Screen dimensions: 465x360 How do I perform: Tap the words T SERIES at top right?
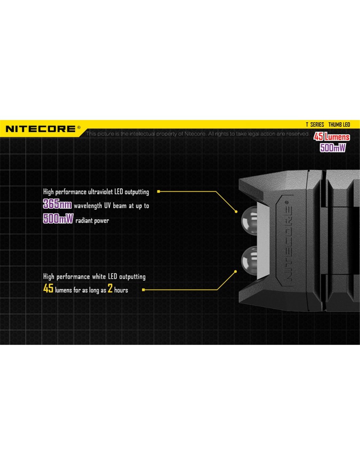(x=315, y=125)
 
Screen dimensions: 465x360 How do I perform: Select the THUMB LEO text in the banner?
(x=339, y=125)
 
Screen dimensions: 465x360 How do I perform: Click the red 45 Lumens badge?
(x=332, y=137)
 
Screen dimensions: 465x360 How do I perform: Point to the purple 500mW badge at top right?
(x=333, y=147)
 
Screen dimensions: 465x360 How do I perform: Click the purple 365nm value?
(x=57, y=204)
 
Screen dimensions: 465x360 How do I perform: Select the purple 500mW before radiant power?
(x=58, y=219)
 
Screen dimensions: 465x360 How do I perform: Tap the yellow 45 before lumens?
(x=48, y=288)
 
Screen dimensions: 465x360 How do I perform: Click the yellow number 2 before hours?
(x=110, y=288)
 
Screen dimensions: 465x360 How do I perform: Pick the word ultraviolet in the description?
(x=100, y=192)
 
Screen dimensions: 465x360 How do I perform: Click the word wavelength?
(x=88, y=206)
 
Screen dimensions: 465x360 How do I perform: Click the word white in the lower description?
(x=99, y=277)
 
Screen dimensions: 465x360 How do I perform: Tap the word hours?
(x=121, y=290)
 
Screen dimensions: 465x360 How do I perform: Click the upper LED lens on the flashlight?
(x=249, y=221)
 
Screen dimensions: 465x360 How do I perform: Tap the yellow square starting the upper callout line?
(x=158, y=191)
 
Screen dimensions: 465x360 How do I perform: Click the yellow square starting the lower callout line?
(x=143, y=290)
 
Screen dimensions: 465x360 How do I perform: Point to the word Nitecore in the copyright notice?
(x=195, y=134)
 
